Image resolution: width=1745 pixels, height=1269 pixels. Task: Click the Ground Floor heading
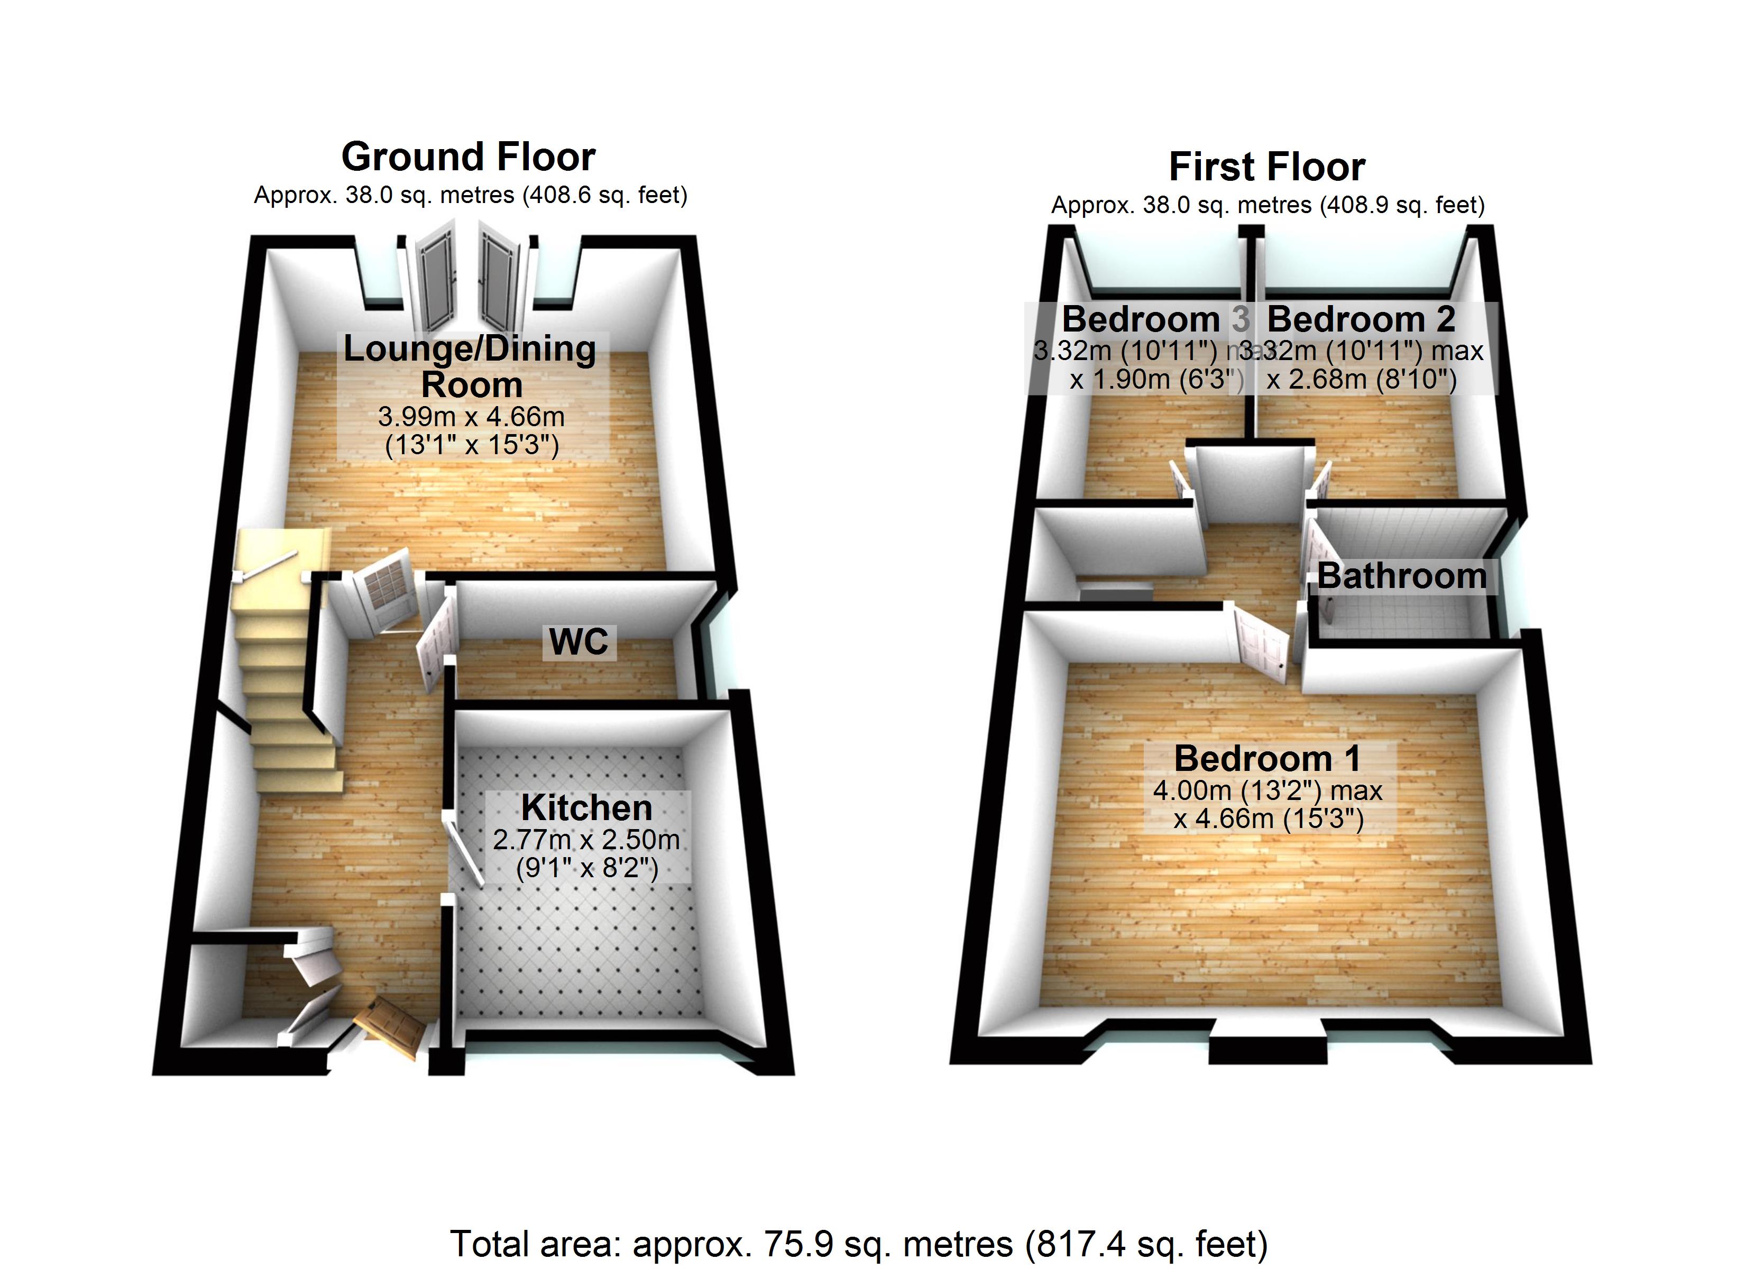pyautogui.click(x=468, y=157)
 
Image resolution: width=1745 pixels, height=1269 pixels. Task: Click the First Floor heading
pyautogui.click(x=1266, y=167)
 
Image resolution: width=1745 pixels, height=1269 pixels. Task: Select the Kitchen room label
pyautogui.click(x=586, y=808)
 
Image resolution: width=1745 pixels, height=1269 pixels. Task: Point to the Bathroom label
pyautogui.click(x=1402, y=576)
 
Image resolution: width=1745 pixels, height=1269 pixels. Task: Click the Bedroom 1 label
pyautogui.click(x=1267, y=759)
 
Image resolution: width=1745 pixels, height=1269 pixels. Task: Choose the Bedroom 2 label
pyautogui.click(x=1360, y=319)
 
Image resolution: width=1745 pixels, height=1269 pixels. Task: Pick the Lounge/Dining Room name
pyautogui.click(x=470, y=366)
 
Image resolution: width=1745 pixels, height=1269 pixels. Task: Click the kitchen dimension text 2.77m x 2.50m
pyautogui.click(x=586, y=840)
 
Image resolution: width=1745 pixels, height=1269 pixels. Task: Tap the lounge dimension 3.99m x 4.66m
pyautogui.click(x=471, y=417)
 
